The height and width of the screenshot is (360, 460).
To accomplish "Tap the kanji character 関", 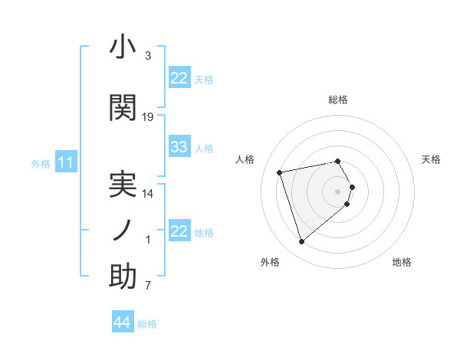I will (123, 107).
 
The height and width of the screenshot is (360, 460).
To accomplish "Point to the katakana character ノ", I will (123, 230).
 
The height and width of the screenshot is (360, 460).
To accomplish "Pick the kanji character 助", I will (123, 277).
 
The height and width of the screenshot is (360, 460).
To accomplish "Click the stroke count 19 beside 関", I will (148, 117).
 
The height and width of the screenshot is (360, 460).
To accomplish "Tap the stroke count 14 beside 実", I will (148, 194).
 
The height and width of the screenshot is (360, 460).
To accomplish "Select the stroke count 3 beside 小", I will (147, 56).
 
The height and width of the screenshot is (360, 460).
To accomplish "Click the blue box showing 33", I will (179, 147).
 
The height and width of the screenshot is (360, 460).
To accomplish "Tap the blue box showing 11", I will (66, 162).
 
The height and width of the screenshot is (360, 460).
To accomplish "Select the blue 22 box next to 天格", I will (179, 78).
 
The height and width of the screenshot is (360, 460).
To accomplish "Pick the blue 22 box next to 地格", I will (179, 231).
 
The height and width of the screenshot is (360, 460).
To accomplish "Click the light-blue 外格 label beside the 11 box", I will (41, 163).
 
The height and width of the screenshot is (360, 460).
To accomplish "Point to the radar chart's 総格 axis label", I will (338, 100).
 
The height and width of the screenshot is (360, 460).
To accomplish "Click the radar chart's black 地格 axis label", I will (402, 262).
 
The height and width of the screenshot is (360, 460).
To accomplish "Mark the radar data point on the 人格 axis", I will (280, 172).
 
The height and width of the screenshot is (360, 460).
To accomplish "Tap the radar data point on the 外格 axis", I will (301, 241).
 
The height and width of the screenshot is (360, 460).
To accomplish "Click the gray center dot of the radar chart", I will (338, 191).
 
